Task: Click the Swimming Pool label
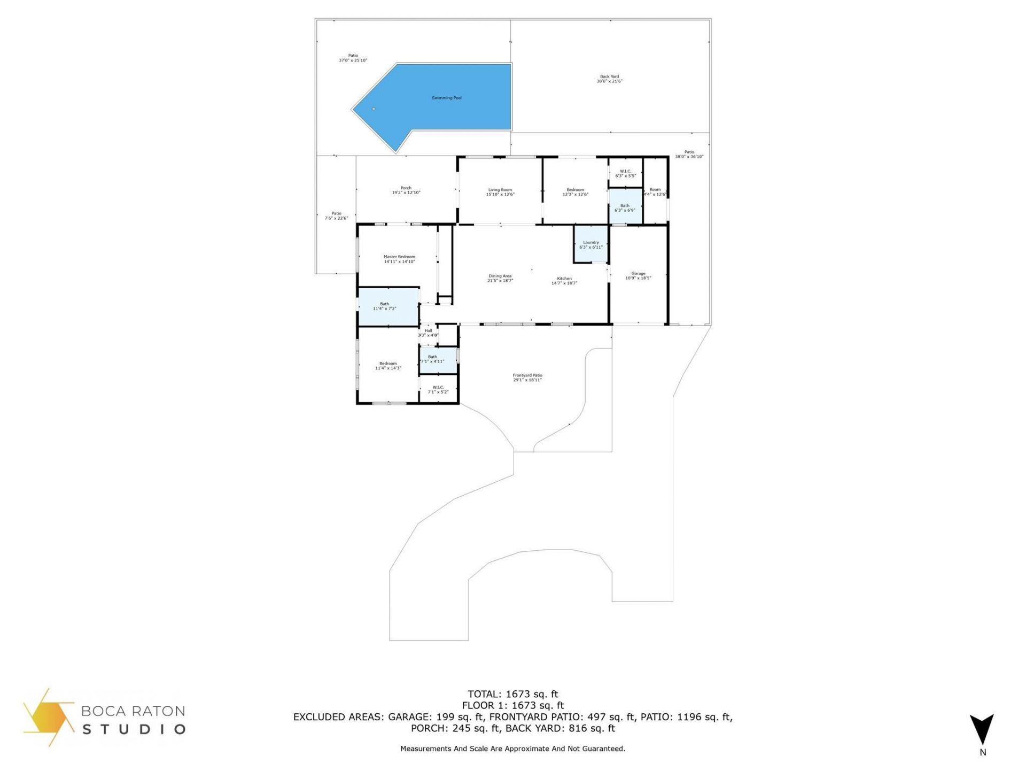tap(446, 98)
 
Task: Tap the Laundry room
tap(590, 245)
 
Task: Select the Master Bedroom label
tap(399, 259)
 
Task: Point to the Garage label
tap(638, 275)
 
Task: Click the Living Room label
tap(500, 192)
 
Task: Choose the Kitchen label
tap(564, 281)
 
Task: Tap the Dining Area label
tap(500, 278)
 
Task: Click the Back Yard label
tap(609, 79)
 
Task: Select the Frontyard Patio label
tap(527, 378)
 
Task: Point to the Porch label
tap(406, 190)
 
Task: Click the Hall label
tap(428, 333)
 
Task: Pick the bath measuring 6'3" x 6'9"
tap(625, 207)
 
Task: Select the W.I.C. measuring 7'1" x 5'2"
tap(438, 389)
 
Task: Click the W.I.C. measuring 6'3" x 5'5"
tap(625, 173)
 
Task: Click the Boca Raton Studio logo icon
tap(48, 717)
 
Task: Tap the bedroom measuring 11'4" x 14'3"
tap(388, 366)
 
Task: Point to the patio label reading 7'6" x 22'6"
tap(336, 215)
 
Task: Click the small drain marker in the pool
tap(374, 109)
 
